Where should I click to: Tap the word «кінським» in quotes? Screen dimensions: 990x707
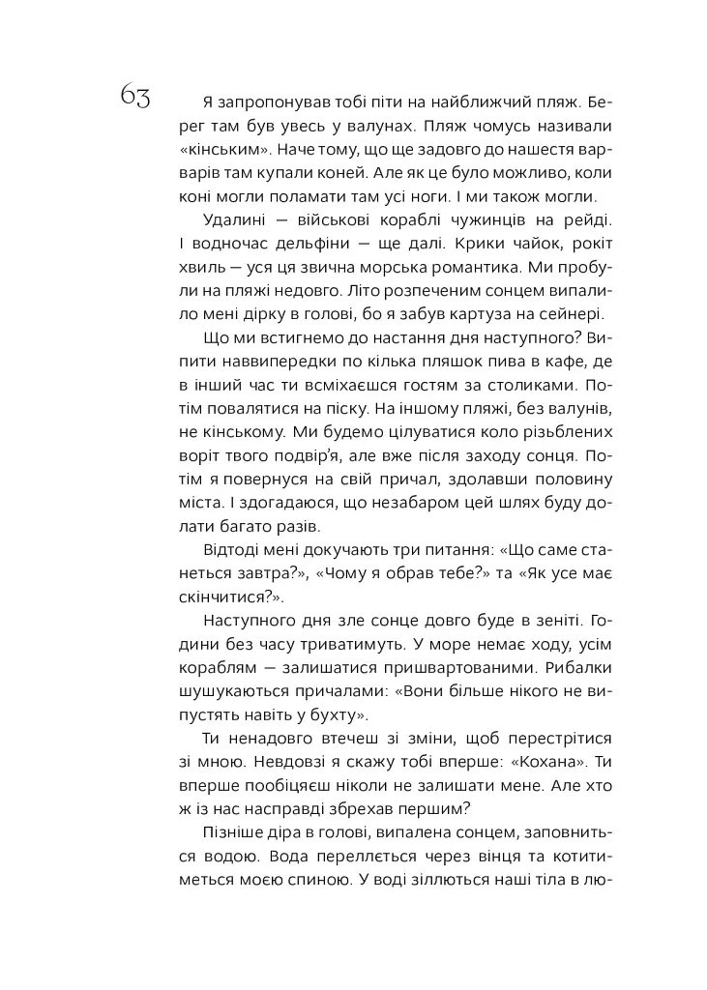pos(223,151)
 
